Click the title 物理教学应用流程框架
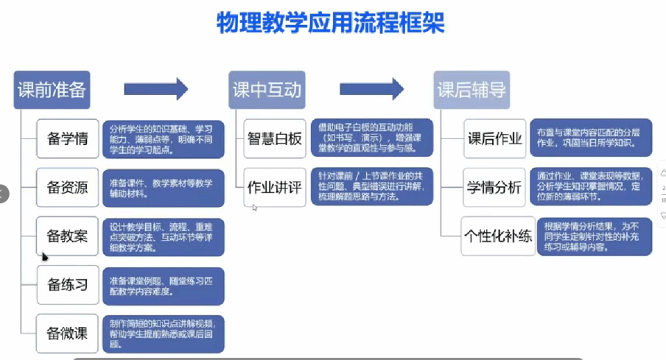pos(332,23)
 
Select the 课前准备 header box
pos(52,90)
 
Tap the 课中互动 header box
pos(267,90)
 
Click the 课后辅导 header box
pos(471,90)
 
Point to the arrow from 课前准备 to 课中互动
pos(155,90)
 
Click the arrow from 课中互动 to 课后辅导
pos(372,90)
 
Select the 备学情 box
pos(68,138)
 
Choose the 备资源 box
pos(68,188)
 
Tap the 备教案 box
pos(68,236)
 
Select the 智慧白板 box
pos(275,138)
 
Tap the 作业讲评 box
pos(275,188)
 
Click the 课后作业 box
pos(494,138)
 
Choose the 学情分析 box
pos(494,188)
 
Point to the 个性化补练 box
pos(498,236)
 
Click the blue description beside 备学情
pos(162,138)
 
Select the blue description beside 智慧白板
pos(371,138)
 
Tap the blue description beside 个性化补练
pos(594,236)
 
